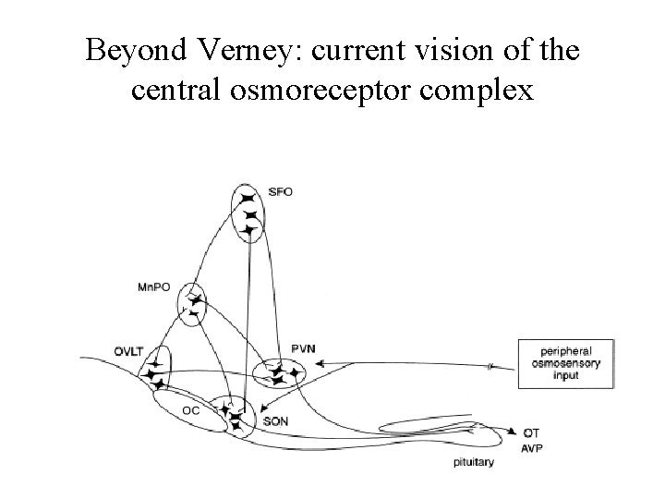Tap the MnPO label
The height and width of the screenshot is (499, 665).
tap(154, 287)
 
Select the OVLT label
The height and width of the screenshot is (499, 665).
tap(131, 350)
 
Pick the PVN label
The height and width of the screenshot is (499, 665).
tap(303, 347)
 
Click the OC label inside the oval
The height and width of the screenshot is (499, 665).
tap(190, 410)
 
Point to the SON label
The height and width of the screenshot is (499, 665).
tap(276, 420)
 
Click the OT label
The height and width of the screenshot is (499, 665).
tap(531, 432)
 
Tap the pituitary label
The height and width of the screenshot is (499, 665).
tap(472, 462)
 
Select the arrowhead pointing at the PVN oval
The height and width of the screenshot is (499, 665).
tap(319, 366)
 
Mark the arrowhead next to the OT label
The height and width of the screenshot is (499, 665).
tap(512, 431)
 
